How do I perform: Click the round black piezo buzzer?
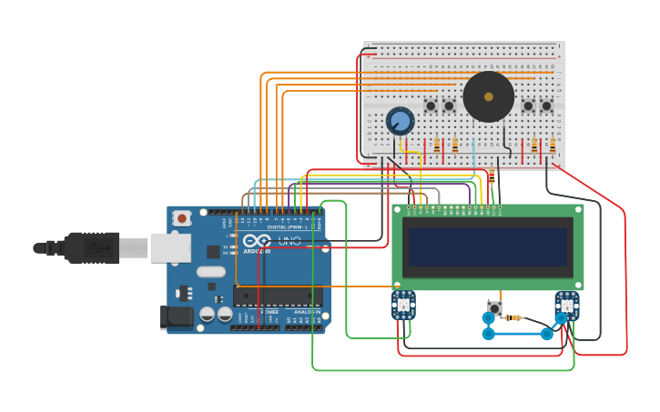[488, 96]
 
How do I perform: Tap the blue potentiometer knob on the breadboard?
[400, 120]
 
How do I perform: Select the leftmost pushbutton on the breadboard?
[431, 106]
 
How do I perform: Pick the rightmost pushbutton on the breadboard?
[546, 106]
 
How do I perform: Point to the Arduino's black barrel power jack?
[175, 317]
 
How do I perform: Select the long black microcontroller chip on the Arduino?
[278, 296]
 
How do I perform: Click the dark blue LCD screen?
[488, 246]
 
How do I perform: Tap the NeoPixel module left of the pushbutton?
[403, 305]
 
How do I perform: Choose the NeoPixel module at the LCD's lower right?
[566, 305]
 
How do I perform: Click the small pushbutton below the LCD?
[494, 307]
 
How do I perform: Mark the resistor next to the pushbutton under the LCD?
[514, 317]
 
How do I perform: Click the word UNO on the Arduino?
[289, 241]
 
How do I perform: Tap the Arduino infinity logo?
[256, 241]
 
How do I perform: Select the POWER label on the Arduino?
[269, 312]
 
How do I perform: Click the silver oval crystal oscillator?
[210, 271]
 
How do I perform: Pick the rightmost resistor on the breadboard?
[552, 145]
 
